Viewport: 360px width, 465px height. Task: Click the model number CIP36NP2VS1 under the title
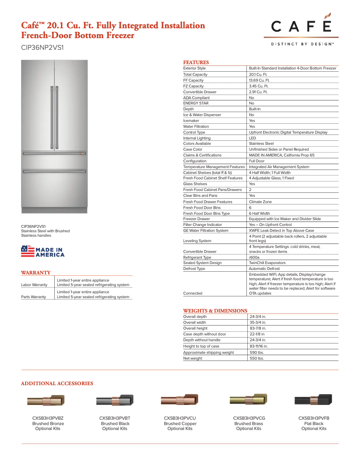pos(42,47)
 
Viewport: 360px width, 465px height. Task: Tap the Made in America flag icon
pos(28,251)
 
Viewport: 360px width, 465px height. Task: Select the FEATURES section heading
pos(196,62)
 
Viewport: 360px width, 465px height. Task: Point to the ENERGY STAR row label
pos(196,103)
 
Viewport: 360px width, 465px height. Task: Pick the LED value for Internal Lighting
pos(252,138)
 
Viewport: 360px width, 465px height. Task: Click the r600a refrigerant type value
pos(254,257)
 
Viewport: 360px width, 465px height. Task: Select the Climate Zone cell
pos(260,202)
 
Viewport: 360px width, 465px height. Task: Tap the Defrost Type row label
pos(194,269)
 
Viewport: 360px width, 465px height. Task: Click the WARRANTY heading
pos(35,272)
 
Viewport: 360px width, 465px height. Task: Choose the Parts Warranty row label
pos(34,297)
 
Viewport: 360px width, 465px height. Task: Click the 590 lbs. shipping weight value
pos(256,352)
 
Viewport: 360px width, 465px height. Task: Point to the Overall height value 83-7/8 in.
pos(258,328)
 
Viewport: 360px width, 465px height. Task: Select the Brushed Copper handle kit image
pos(180,400)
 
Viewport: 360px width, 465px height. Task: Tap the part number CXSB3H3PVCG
pos(249,418)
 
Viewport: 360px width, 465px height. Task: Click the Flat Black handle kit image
pos(313,400)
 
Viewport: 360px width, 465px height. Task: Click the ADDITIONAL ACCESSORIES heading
pos(57,383)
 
